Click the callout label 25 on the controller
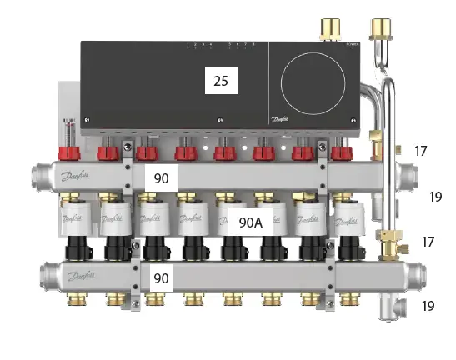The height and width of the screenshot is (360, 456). pyautogui.click(x=221, y=81)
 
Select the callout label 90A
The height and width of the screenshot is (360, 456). pyautogui.click(x=250, y=222)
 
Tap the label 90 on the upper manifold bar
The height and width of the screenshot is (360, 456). pyautogui.click(x=161, y=178)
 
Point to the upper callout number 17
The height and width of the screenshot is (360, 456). pyautogui.click(x=421, y=151)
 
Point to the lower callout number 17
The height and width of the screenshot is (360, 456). pyautogui.click(x=428, y=242)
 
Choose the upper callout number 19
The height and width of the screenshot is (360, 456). pyautogui.click(x=435, y=197)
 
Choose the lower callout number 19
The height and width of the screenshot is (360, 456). pyautogui.click(x=428, y=306)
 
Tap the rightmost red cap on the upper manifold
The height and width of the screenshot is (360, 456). pyautogui.click(x=338, y=153)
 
